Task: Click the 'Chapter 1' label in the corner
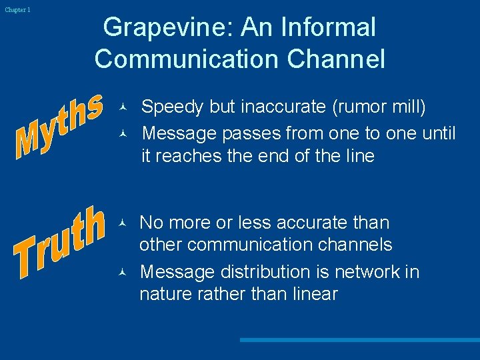[x=17, y=10]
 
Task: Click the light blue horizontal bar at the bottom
[x=359, y=340]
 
